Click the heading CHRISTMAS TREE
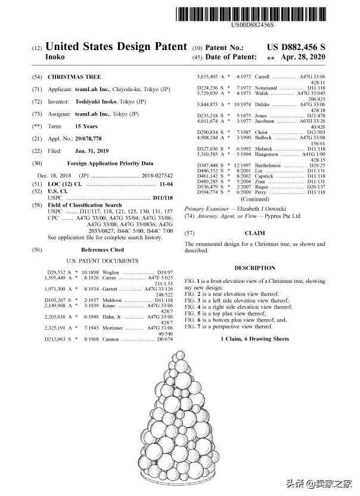coord(74,77)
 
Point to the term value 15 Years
coord(86,126)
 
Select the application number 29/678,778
coord(95,138)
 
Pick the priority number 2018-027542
coord(157,176)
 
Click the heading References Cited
coord(103,250)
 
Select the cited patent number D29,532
coord(57,272)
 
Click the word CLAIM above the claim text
coord(255,233)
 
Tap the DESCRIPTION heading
coord(255,268)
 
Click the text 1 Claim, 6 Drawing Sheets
coord(255,339)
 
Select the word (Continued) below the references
coord(255,200)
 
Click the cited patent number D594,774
coord(209,192)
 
